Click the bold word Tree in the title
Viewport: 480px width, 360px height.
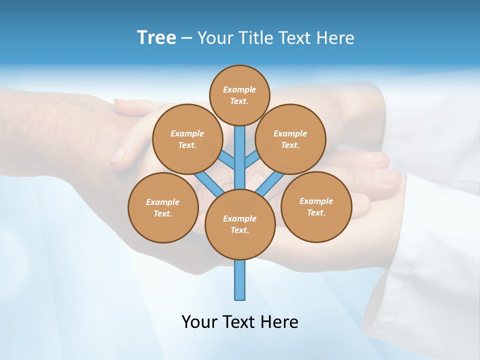pyautogui.click(x=156, y=37)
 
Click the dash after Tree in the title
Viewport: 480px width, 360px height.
pyautogui.click(x=186, y=38)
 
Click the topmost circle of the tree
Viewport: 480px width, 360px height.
pyautogui.click(x=240, y=95)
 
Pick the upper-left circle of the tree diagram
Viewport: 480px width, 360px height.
pyautogui.click(x=187, y=139)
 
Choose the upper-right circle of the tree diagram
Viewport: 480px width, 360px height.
pyautogui.click(x=290, y=139)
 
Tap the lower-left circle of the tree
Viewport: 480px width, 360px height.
pyautogui.click(x=163, y=207)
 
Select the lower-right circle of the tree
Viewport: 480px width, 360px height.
pyautogui.click(x=316, y=206)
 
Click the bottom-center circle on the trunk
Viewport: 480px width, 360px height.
pyautogui.click(x=240, y=224)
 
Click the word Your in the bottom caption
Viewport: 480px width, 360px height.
pyautogui.click(x=199, y=321)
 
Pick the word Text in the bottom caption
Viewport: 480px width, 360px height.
pyautogui.click(x=239, y=321)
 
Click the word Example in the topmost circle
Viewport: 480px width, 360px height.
pyautogui.click(x=239, y=89)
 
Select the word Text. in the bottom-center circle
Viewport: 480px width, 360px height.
pyautogui.click(x=239, y=230)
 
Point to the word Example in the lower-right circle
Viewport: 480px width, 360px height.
pyautogui.click(x=316, y=201)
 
